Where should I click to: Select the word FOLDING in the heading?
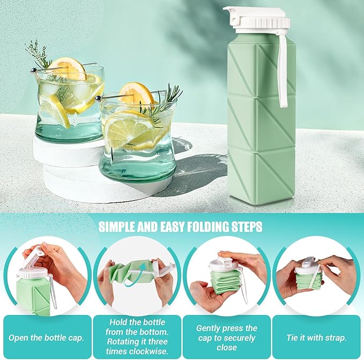point(206,227)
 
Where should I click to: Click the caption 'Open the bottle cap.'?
point(46,337)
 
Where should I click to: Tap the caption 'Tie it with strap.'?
point(316,337)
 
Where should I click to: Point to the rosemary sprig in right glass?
point(166,101)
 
